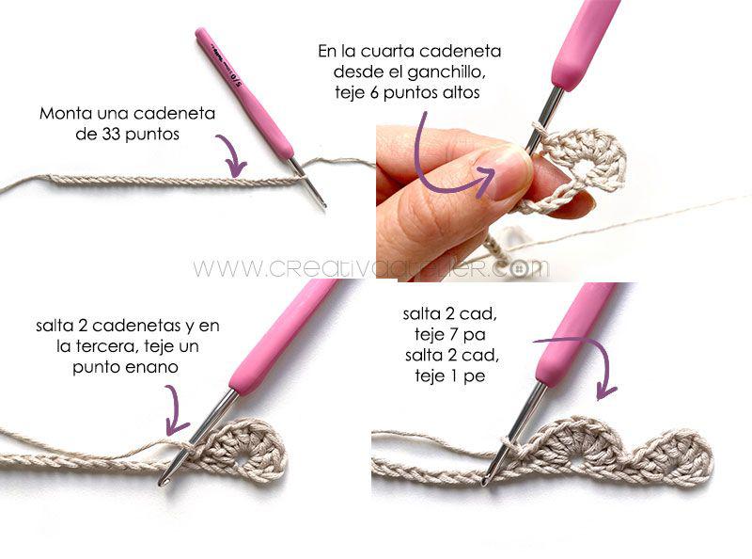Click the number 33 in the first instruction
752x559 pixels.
pos(110,134)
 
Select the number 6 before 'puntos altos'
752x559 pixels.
pos(373,92)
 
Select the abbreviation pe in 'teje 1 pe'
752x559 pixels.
pos(475,376)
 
